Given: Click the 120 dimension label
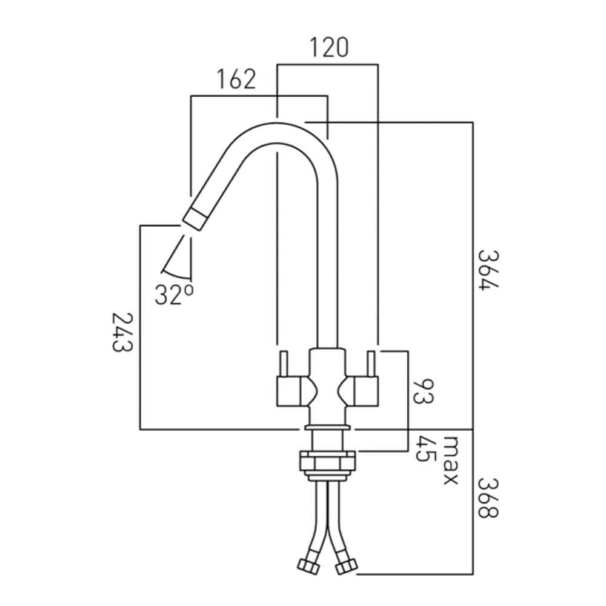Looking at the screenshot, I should coord(329,47).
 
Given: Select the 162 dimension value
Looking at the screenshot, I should coord(235,80).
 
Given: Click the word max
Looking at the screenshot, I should coord(450,460).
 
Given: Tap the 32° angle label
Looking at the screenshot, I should coord(174,295).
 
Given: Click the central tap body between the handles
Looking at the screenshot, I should coord(328,388).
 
